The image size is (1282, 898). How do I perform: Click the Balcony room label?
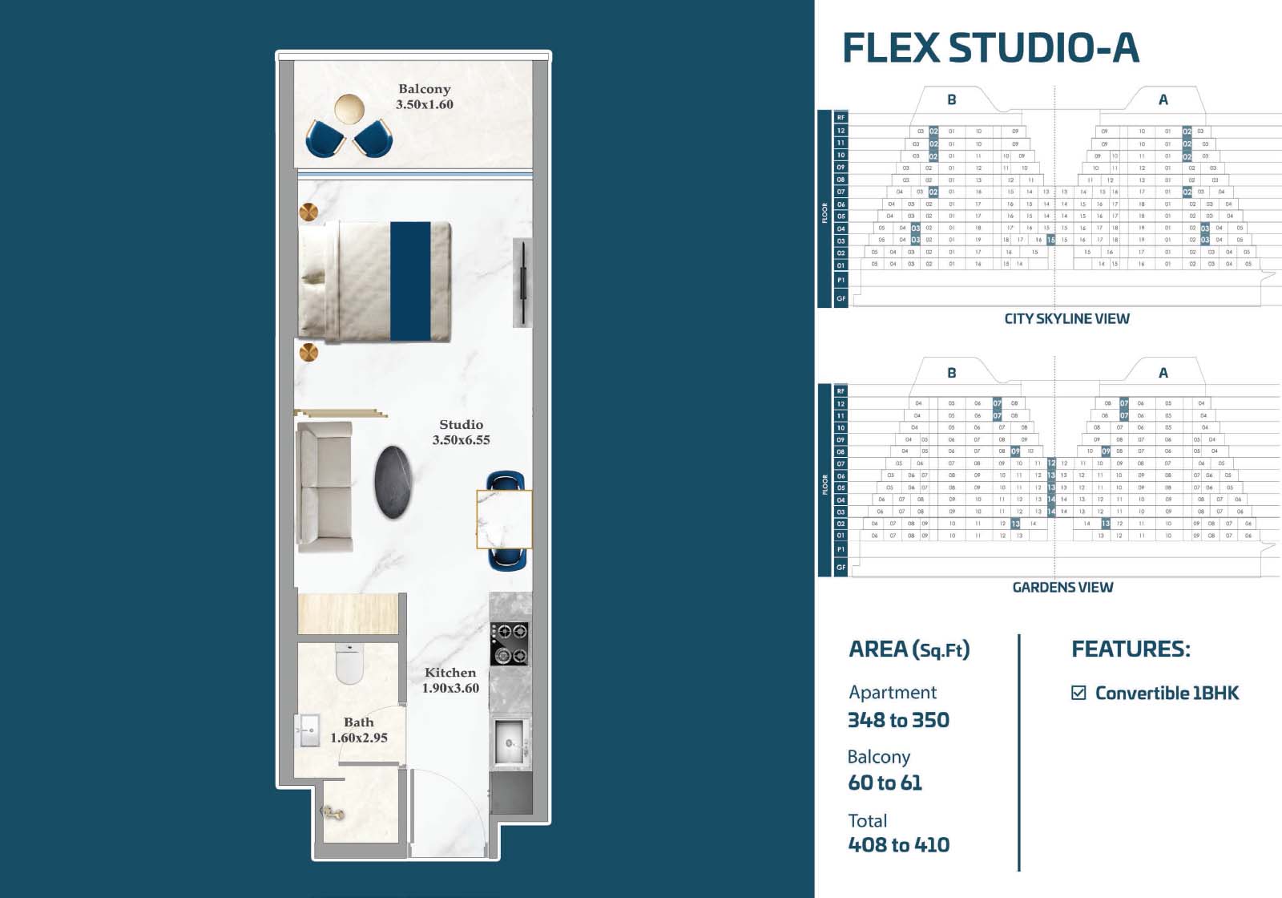click(425, 89)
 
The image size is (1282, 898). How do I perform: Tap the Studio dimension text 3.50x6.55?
click(461, 440)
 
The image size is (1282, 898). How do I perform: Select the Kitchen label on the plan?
click(450, 673)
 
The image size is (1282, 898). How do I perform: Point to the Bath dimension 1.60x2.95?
click(359, 738)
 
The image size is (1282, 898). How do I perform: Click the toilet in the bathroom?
click(349, 664)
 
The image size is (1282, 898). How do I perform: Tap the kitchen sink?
click(509, 742)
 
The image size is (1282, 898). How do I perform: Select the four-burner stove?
click(509, 644)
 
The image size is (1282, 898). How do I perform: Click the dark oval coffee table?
click(394, 481)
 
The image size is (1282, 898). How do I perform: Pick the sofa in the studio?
click(325, 486)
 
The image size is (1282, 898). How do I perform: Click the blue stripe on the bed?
click(410, 281)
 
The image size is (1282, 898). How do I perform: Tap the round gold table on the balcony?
click(349, 108)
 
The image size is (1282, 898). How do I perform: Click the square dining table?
click(504, 520)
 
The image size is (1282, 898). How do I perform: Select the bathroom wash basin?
click(308, 730)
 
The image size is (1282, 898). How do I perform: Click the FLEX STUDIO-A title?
click(990, 48)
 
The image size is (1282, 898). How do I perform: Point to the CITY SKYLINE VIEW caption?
click(1066, 319)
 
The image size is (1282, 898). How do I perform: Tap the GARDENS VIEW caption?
click(1062, 588)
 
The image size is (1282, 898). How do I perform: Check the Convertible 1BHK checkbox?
click(1078, 693)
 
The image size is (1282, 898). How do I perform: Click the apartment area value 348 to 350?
click(898, 720)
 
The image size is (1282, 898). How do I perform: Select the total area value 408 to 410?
click(898, 845)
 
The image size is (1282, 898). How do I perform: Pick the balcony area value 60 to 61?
click(885, 783)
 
